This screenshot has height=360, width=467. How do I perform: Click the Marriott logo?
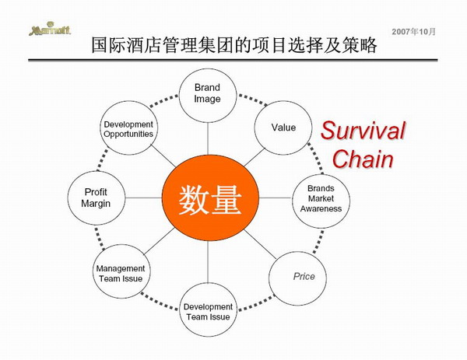click(50, 29)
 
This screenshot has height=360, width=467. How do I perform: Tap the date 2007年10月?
click(414, 32)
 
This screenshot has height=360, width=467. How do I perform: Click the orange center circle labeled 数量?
click(210, 197)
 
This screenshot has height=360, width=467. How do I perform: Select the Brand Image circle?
click(208, 96)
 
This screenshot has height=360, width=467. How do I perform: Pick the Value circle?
click(283, 128)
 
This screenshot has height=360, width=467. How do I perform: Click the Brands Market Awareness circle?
click(321, 201)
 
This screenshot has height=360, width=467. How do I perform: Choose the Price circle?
click(297, 278)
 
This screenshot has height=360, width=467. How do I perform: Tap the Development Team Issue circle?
click(208, 309)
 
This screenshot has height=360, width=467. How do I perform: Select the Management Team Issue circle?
click(121, 271)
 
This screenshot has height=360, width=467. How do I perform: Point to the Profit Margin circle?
click(97, 197)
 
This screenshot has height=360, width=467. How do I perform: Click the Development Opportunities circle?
click(128, 128)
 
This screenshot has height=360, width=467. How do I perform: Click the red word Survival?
click(363, 131)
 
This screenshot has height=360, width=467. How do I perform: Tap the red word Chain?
click(363, 159)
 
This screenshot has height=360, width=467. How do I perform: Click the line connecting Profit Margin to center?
click(143, 197)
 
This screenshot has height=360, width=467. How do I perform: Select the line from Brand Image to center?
click(208, 139)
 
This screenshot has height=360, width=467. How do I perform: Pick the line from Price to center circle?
click(260, 244)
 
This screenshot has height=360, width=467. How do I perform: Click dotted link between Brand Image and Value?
click(252, 100)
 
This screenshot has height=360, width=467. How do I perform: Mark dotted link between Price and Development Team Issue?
click(256, 302)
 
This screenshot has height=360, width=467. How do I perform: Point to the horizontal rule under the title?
click(233, 60)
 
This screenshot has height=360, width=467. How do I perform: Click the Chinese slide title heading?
click(234, 45)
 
